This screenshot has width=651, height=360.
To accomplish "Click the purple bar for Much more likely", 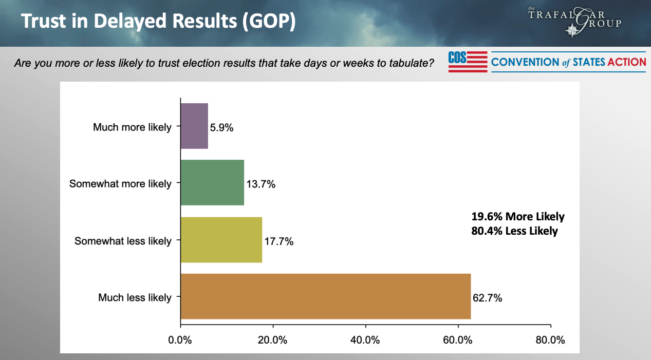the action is (x=194, y=126).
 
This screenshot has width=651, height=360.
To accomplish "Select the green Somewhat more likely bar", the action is (x=212, y=182).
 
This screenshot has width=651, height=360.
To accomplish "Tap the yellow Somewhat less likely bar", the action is (x=221, y=240).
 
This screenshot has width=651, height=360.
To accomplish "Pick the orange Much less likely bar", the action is (x=326, y=296).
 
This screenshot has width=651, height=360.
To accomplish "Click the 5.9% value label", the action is (x=222, y=127).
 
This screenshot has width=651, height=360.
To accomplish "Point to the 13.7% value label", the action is (x=261, y=184).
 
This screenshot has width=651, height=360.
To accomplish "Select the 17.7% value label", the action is (x=279, y=241).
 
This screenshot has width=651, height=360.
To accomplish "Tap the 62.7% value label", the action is (x=488, y=298).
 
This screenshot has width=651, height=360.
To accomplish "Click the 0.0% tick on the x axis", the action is (x=180, y=340).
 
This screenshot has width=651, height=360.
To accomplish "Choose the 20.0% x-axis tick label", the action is (x=273, y=340).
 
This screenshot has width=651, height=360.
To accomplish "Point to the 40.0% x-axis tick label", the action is (x=365, y=340).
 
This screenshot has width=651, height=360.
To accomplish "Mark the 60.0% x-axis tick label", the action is (x=458, y=340).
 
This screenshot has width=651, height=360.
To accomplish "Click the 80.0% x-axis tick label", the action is (x=550, y=340).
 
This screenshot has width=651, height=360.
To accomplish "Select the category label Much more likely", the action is (x=132, y=127).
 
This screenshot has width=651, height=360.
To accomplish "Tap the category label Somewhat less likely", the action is (x=123, y=241).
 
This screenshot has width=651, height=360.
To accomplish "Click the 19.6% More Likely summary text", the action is (x=518, y=217).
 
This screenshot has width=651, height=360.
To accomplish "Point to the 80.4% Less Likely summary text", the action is (x=515, y=231).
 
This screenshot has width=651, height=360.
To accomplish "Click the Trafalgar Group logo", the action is (x=574, y=22).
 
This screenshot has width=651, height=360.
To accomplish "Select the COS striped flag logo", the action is (x=468, y=62).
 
